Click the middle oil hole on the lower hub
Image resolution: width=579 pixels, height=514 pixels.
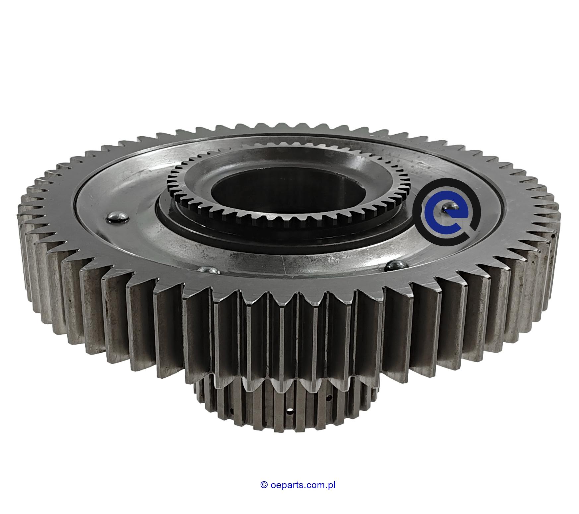point(290,413)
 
